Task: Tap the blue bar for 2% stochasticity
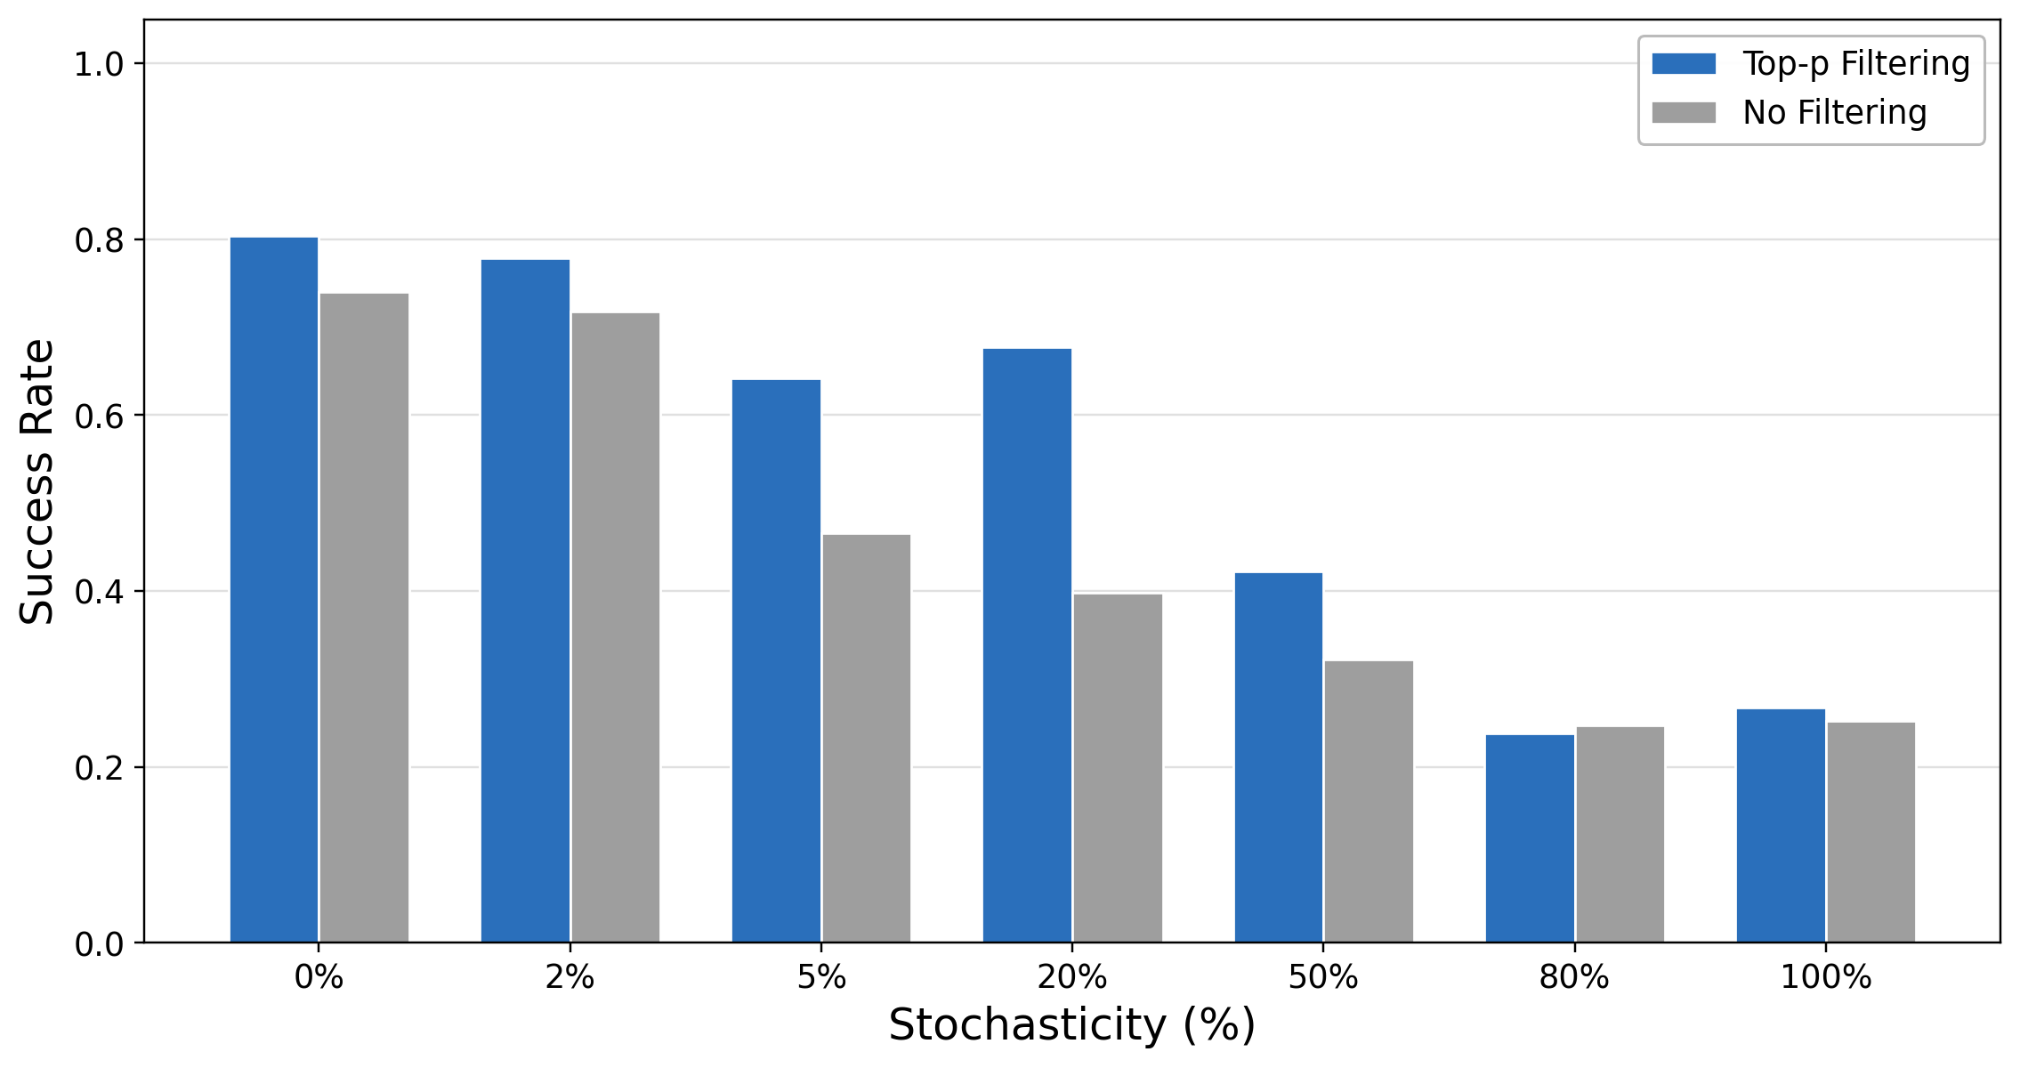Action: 525,601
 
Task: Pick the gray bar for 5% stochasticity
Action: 866,739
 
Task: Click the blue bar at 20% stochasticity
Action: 1027,645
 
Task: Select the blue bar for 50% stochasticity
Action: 1278,757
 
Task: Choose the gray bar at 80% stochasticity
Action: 1620,835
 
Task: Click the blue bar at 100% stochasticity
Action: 1781,826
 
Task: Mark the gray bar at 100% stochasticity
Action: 1871,832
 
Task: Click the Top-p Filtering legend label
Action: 1855,64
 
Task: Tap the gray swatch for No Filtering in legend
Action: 1684,113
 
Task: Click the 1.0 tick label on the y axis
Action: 99,64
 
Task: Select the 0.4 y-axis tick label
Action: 99,592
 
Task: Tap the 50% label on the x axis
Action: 1322,978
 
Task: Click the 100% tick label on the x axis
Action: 1825,978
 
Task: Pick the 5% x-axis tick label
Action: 820,978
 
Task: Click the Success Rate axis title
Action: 37,481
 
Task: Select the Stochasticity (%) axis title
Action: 1071,1025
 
